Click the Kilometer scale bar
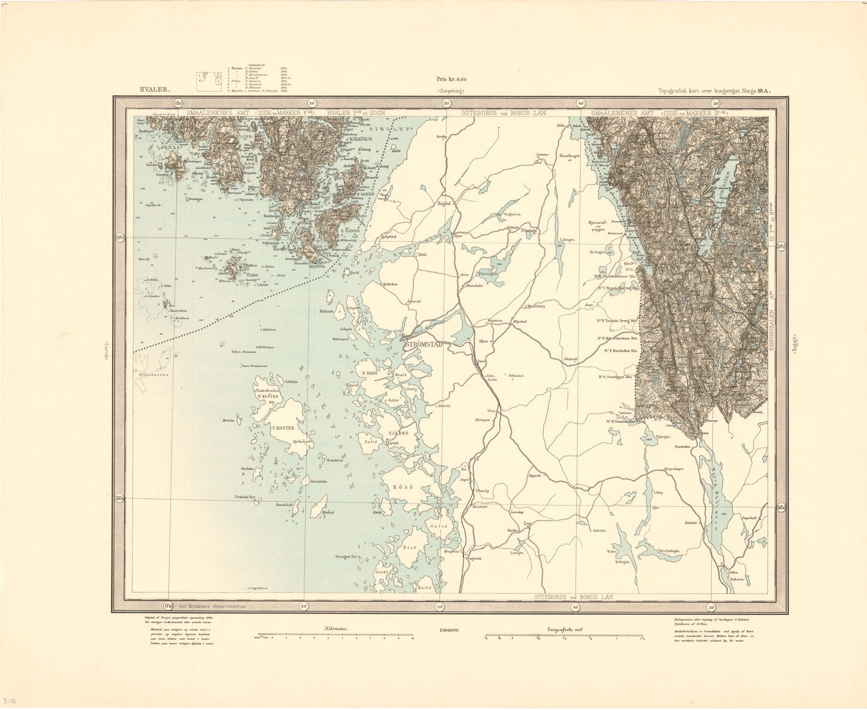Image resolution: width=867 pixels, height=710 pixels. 335,634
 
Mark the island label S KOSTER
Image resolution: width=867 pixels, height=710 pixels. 283,428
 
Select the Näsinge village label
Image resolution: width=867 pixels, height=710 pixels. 528,230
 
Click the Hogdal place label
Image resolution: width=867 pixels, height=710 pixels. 445,203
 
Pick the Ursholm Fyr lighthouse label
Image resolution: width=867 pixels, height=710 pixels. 248,498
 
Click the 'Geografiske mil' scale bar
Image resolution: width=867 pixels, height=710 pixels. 564,634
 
